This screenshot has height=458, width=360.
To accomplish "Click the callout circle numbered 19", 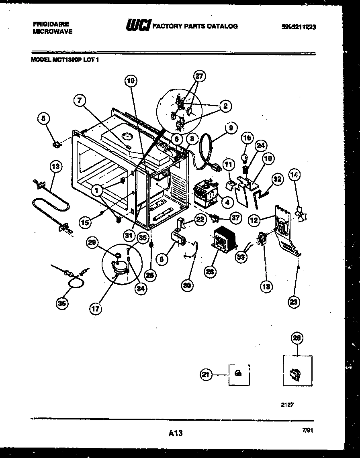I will pyautogui.click(x=130, y=81).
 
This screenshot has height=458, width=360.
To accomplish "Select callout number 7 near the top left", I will pyautogui.click(x=80, y=100).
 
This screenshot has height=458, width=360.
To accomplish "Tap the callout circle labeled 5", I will pyautogui.click(x=44, y=118).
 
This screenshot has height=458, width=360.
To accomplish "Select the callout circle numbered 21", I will pyautogui.click(x=206, y=375).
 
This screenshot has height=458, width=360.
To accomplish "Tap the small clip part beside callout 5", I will pyautogui.click(x=58, y=143).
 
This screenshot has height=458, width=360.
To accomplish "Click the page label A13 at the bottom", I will pyautogui.click(x=176, y=433).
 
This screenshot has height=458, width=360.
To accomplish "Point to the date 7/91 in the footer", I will pyautogui.click(x=307, y=430).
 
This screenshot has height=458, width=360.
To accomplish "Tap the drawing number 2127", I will pyautogui.click(x=287, y=405).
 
